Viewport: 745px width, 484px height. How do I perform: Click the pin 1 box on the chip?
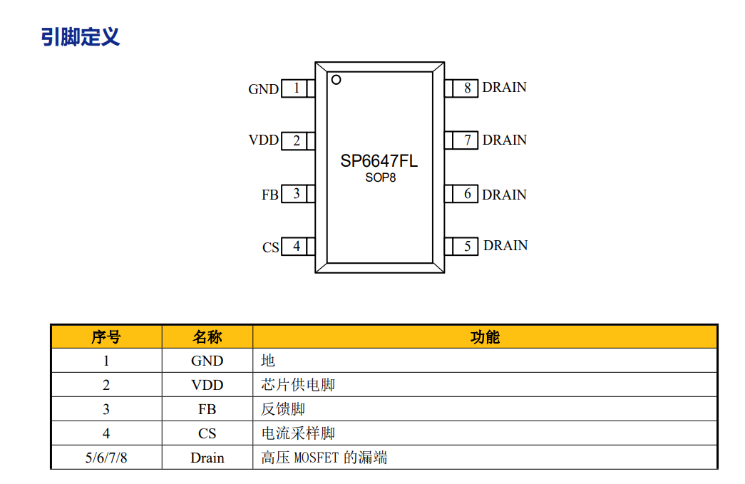296,88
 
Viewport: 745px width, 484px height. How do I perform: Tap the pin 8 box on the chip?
467,88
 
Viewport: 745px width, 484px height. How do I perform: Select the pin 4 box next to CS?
296,247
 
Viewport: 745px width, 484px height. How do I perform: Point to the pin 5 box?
467,246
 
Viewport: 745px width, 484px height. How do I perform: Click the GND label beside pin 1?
263,89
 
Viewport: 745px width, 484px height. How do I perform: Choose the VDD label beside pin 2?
263,140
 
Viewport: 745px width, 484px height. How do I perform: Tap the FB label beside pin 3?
269,195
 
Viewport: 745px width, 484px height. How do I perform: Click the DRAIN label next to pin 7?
504,140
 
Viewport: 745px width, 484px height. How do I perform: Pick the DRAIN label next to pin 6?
504,195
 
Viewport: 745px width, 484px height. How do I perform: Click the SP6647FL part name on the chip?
379,161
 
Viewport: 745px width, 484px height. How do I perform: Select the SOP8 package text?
380,178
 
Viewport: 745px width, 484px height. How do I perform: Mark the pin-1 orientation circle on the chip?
336,79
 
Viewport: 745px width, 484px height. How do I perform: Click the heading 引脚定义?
80,36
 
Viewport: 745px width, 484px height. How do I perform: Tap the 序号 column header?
106,337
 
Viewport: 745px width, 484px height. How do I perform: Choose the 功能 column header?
485,337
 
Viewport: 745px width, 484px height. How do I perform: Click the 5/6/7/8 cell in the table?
106,458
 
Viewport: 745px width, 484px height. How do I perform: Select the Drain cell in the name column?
207,458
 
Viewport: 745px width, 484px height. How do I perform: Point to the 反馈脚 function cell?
283,409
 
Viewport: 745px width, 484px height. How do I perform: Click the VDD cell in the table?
207,385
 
